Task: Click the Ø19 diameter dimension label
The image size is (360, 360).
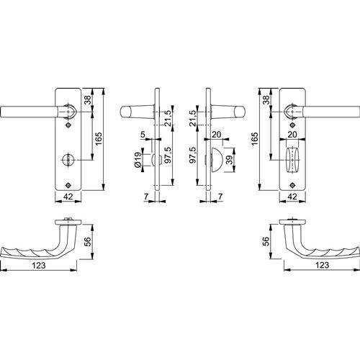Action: (x=138, y=160)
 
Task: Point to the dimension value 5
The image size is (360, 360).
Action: (x=143, y=135)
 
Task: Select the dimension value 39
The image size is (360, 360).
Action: (x=230, y=160)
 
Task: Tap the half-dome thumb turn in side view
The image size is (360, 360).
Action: (x=217, y=160)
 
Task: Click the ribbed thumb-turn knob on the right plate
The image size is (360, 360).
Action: (x=292, y=160)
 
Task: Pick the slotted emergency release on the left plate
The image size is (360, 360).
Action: (x=68, y=160)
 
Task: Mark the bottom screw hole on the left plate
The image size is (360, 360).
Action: (x=68, y=185)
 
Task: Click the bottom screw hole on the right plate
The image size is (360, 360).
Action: (x=292, y=185)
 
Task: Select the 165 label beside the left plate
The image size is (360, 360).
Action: (x=99, y=138)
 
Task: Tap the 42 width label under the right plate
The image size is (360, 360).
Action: (x=292, y=197)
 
